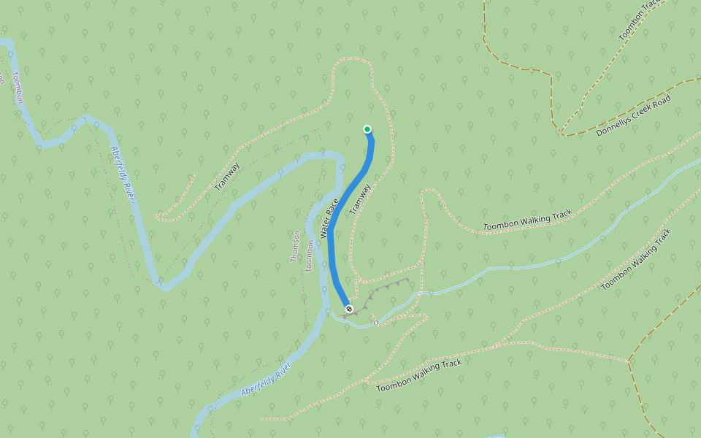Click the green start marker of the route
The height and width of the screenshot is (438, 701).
(x=367, y=129)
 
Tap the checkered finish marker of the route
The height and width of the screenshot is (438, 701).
(x=349, y=309)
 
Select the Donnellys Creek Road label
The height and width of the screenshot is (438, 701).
(x=633, y=115)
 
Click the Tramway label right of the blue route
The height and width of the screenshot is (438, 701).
(x=360, y=199)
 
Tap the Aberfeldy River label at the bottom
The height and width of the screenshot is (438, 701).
(x=266, y=380)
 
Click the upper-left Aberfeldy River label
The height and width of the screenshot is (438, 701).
(x=123, y=173)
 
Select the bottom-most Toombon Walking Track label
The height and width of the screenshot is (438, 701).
(x=419, y=375)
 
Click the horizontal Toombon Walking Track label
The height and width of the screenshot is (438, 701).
(x=527, y=220)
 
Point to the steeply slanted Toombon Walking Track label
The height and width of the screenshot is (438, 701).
(x=636, y=260)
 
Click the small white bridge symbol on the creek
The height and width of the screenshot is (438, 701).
(x=375, y=321)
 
